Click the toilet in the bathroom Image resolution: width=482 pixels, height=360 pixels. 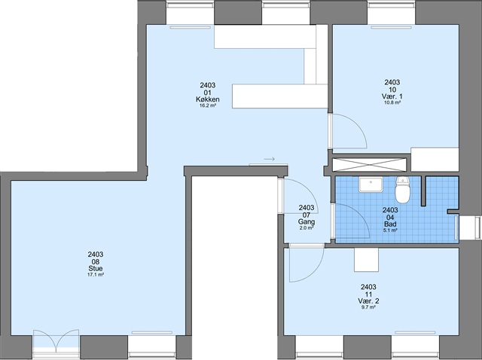point(402,189)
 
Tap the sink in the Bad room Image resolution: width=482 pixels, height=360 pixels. point(371,185)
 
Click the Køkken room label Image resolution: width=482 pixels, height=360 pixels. point(208,99)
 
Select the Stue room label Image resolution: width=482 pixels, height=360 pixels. point(96,269)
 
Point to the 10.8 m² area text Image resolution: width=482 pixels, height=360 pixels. point(392,102)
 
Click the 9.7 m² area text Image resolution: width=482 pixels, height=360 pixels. point(368,307)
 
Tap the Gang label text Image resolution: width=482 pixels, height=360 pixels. point(307,221)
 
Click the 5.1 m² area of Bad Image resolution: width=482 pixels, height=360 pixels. point(390,230)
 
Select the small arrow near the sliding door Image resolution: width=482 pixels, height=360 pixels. point(270,159)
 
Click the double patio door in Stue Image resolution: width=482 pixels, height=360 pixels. point(56,341)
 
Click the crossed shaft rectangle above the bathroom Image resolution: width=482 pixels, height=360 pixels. point(370,164)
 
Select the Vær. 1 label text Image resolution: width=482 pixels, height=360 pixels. point(392,96)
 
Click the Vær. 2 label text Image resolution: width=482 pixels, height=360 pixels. point(368,301)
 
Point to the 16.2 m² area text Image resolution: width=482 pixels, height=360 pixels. point(208,105)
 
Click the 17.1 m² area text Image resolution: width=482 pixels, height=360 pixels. point(96,275)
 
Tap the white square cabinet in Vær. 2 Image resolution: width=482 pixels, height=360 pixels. point(367,260)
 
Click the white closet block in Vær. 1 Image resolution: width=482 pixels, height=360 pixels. point(435,159)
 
